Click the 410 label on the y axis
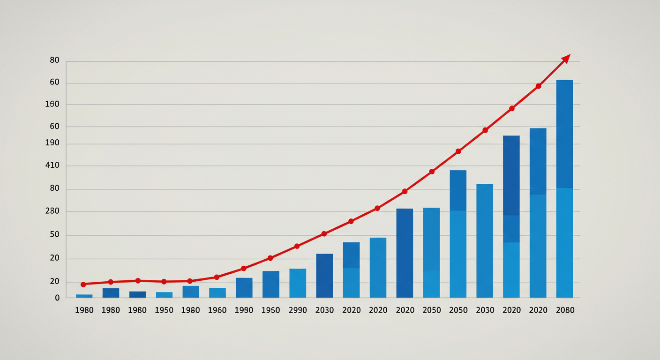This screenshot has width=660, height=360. click(52, 165)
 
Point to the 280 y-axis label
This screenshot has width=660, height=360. click(52, 211)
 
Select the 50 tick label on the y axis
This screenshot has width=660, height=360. click(54, 234)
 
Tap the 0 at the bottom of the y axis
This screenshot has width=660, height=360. click(57, 298)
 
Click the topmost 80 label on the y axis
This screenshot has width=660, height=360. click(54, 60)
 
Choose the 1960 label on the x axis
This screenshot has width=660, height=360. click(217, 310)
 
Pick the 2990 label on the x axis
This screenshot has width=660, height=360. click(297, 310)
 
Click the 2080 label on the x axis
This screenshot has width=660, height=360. click(564, 310)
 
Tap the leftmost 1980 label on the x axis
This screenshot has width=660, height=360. click(84, 310)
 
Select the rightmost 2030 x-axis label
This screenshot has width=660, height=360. click(484, 310)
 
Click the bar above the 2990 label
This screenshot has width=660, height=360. click(297, 283)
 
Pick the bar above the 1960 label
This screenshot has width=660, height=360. click(217, 292)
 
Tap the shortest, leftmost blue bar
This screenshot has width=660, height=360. click(84, 296)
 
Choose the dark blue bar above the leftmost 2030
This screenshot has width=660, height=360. click(324, 276)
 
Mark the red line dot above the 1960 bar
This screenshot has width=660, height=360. click(217, 277)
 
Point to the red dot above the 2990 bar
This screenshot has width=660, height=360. click(297, 246)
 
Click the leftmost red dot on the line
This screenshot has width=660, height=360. click(83, 285)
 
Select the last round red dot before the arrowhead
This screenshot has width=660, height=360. click(538, 86)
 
